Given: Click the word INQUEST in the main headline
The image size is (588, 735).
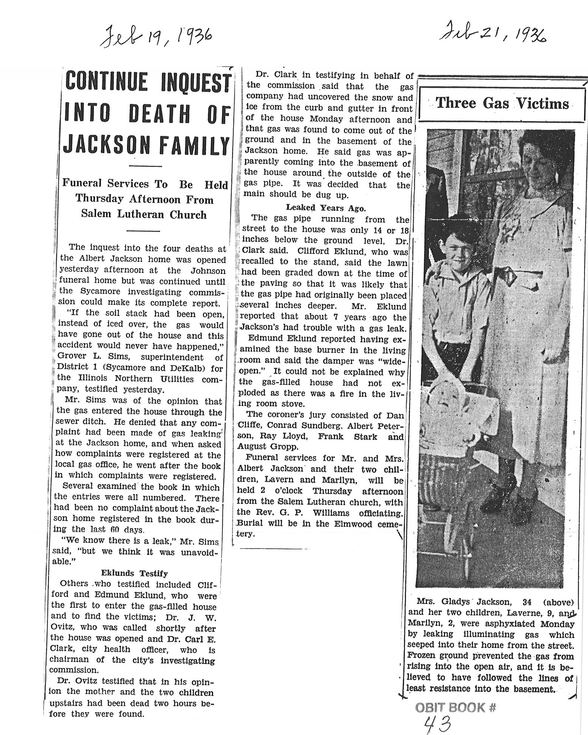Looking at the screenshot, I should tap(195, 82).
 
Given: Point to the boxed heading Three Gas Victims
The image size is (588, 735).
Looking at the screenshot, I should tap(502, 103).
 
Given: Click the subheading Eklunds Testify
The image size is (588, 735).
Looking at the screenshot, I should tap(134, 573).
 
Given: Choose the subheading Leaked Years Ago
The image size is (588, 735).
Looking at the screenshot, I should tap(326, 208).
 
